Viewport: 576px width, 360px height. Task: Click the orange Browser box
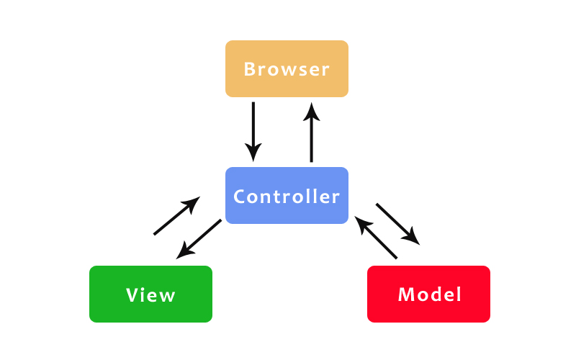(287, 68)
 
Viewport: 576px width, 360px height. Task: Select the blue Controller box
(287, 195)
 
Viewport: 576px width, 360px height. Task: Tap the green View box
(150, 294)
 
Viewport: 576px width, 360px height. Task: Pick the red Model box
(428, 294)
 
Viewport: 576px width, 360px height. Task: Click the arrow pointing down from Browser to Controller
(253, 130)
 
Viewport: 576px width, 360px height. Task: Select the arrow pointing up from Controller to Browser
(312, 132)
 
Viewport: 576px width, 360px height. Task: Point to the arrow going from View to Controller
(176, 216)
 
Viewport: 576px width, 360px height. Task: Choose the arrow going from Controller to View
(199, 238)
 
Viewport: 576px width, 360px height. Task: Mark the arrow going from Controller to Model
(397, 222)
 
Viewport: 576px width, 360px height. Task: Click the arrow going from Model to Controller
(377, 237)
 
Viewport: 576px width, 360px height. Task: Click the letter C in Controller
(240, 197)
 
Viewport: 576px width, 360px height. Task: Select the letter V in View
(132, 295)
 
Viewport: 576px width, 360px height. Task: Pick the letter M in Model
(405, 294)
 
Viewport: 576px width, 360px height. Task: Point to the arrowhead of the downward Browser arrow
(253, 152)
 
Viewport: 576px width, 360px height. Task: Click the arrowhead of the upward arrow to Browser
(312, 111)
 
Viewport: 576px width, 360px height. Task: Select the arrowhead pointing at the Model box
(412, 235)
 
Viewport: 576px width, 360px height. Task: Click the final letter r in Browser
(325, 70)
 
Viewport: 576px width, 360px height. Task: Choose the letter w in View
(167, 295)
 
